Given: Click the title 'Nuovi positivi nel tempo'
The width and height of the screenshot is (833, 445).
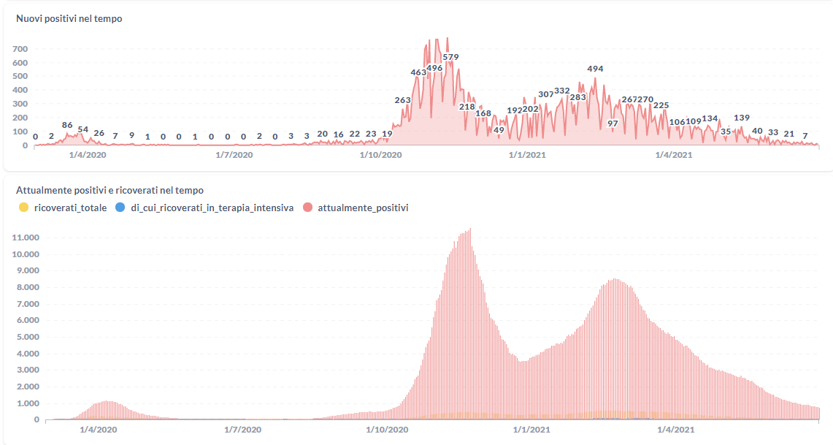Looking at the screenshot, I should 69,18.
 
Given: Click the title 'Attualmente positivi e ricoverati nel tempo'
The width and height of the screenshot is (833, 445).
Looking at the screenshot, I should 110,190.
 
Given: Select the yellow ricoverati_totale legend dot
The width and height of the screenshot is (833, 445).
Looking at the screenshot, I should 23,208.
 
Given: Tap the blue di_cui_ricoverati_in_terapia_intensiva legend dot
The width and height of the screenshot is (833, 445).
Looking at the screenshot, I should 120,208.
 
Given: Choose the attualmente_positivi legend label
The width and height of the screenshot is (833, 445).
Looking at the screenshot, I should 363,208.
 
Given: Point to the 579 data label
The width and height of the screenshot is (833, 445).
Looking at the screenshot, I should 450,57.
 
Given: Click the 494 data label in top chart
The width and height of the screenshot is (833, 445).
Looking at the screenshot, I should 595,69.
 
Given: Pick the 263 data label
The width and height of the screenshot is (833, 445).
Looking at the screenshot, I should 402,100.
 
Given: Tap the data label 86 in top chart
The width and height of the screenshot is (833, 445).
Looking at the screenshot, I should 67,125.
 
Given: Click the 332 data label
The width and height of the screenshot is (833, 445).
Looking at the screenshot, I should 562,91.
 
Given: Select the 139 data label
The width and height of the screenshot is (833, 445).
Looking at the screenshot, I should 742,118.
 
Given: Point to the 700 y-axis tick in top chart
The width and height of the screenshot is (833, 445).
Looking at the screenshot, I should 20,49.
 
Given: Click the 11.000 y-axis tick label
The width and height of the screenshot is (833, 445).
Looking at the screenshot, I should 25,237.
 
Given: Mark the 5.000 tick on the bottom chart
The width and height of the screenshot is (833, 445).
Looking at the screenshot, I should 25,337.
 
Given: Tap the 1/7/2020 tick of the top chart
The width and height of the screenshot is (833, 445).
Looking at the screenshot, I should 234,154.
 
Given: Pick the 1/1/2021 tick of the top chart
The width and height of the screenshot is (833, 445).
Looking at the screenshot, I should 526,154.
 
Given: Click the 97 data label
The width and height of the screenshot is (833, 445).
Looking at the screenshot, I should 613,123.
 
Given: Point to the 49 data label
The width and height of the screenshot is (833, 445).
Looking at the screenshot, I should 499,130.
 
